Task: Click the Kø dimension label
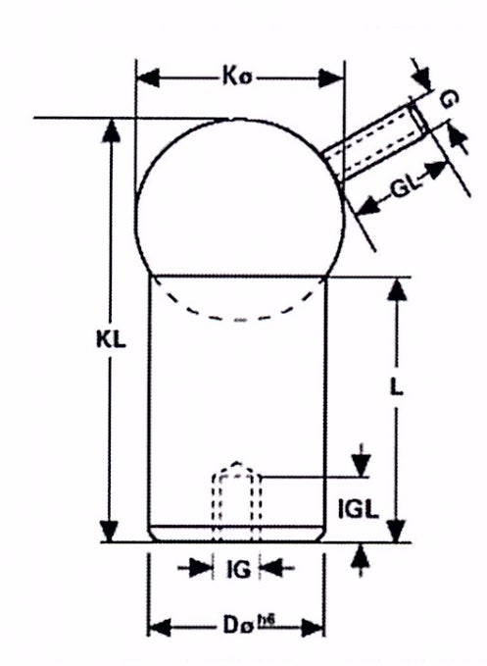coord(237,77)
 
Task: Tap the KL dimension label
coord(111,339)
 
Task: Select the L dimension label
coord(396,386)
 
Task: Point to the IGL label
coord(359,508)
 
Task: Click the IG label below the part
coord(238,570)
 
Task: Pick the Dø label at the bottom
coord(235,625)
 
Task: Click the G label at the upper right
coord(449,100)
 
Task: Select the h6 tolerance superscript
coord(266,620)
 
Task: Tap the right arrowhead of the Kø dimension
coord(332,78)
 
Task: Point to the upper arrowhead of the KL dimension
coord(111,130)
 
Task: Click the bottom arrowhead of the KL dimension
coord(110,531)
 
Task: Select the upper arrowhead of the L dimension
coord(397,290)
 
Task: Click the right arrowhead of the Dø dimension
coord(313,628)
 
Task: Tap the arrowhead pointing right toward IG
coord(200,568)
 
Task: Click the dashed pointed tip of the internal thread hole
coord(236,463)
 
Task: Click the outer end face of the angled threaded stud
coord(418,119)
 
